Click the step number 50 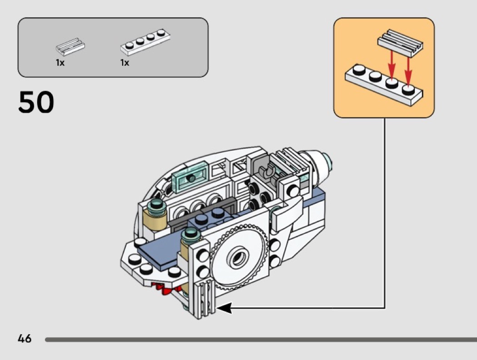click(x=36, y=103)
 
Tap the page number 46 click(x=25, y=338)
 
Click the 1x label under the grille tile click(x=60, y=63)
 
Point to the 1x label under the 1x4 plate click(x=124, y=63)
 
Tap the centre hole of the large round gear click(x=236, y=260)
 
